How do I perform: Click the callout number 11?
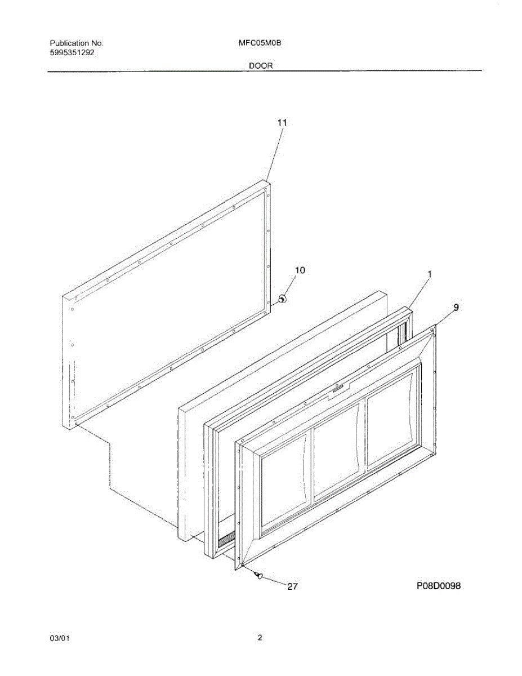tap(282, 122)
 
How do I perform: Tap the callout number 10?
tap(300, 270)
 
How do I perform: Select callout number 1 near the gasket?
tap(430, 274)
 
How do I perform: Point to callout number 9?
tap(456, 307)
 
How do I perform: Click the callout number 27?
tap(292, 586)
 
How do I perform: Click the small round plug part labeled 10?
tap(283, 299)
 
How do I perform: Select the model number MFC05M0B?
tap(260, 43)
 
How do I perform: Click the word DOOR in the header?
tap(261, 65)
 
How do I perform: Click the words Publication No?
tap(77, 43)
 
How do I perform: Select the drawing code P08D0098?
tap(439, 586)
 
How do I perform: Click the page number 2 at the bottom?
tap(260, 638)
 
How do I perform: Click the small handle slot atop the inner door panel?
tap(336, 388)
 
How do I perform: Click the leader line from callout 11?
tap(273, 155)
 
